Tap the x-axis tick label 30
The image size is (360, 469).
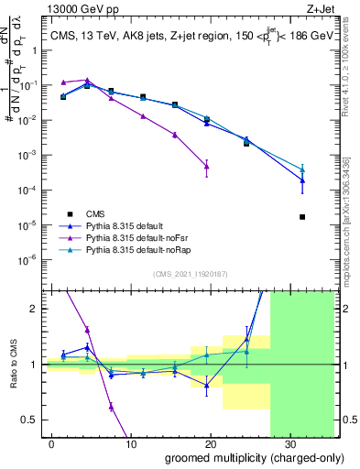288,443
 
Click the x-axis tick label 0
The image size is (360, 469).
52,443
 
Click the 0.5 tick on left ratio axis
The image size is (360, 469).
33,420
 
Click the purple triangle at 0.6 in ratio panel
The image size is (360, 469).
111,407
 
